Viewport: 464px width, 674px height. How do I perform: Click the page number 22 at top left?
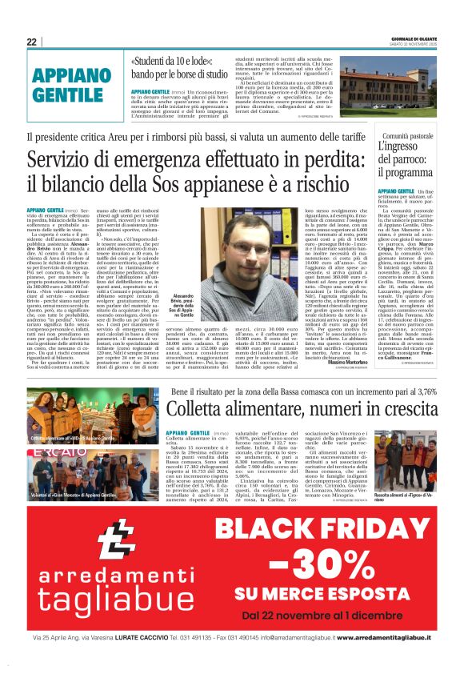point(31,42)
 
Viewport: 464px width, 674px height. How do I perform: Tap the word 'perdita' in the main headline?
point(339,159)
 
